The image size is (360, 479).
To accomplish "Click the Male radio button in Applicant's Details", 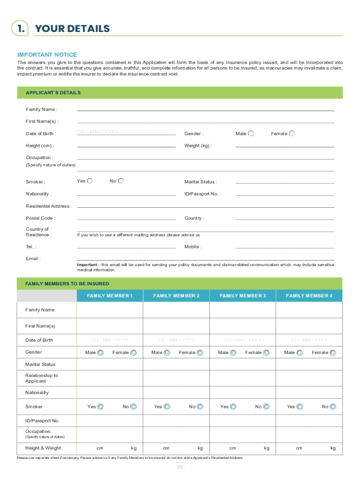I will point(251,133).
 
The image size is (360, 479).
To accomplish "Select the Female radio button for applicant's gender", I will point(292,133).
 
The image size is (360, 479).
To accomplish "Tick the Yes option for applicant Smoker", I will point(90,181).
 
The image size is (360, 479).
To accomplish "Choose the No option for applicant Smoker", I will point(121,181).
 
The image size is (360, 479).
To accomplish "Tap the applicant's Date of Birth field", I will point(126,132).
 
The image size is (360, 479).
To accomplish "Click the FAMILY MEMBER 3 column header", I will point(243,296).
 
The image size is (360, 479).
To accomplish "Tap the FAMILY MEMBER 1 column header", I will point(110,296).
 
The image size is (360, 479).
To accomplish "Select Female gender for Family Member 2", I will point(200,353).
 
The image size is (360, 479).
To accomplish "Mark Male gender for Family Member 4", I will point(299,353).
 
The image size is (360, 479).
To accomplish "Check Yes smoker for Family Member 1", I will point(101,407).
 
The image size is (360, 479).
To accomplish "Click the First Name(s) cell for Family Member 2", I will point(176,326).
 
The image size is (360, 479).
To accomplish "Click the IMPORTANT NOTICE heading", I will point(47,55).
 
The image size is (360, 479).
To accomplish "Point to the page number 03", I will point(180,467).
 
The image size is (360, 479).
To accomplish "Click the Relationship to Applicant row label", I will point(42,378).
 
